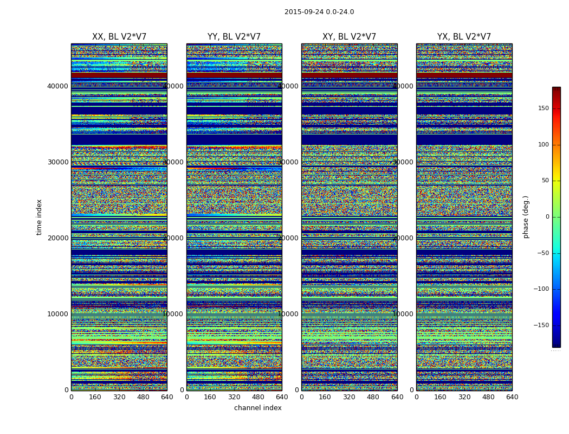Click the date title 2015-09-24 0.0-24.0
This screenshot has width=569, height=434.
point(319,12)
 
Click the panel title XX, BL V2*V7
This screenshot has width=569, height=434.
point(119,37)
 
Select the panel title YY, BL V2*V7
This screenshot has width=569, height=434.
point(234,37)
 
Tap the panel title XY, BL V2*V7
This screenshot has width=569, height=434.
point(349,37)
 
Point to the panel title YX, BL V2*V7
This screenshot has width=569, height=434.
point(464,37)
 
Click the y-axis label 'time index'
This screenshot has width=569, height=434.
point(39,217)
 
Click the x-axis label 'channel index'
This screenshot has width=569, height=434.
point(258,408)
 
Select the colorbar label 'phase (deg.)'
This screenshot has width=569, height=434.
point(526,217)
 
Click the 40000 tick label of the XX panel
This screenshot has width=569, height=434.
point(57,86)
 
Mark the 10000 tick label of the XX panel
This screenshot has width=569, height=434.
point(57,314)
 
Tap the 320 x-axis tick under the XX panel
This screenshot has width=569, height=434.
point(119,397)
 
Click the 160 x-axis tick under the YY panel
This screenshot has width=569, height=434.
point(210,397)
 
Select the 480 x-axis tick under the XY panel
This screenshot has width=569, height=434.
point(373,397)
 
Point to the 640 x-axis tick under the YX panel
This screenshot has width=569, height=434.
point(512,397)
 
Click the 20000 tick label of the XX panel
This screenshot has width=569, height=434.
point(57,238)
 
